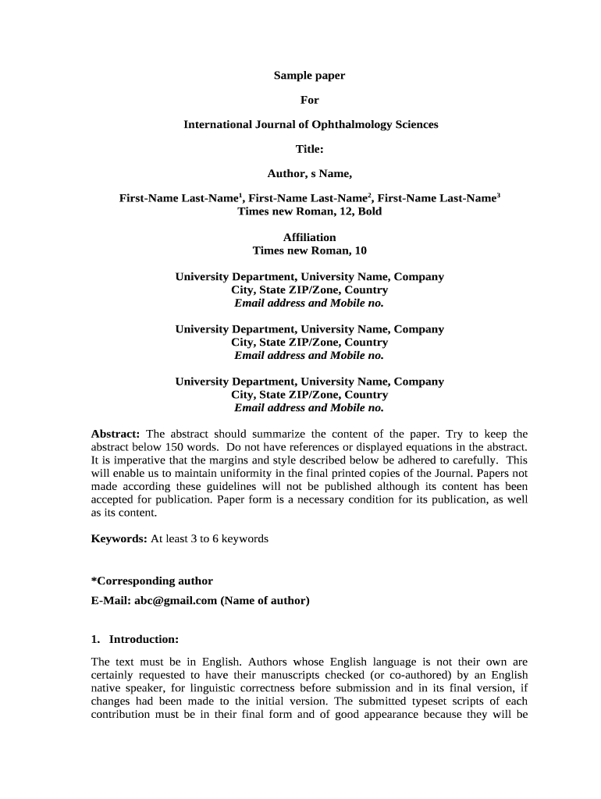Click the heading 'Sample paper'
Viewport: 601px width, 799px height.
click(x=309, y=76)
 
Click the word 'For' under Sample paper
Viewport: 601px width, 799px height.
click(x=310, y=100)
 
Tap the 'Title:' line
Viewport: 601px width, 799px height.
click(x=309, y=148)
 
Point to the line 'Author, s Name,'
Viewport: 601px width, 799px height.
click(x=309, y=173)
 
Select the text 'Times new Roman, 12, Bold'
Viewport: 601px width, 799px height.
click(x=309, y=211)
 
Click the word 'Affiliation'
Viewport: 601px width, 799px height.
click(x=309, y=237)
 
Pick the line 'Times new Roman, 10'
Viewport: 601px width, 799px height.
click(x=309, y=250)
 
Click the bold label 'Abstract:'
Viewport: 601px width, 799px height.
click(x=116, y=434)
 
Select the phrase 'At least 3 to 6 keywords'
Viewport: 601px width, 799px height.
click(x=209, y=538)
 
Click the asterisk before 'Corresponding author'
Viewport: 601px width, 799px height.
click(x=94, y=581)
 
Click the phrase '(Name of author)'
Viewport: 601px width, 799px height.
click(x=265, y=600)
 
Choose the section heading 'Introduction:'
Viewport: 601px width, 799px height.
click(x=144, y=639)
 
